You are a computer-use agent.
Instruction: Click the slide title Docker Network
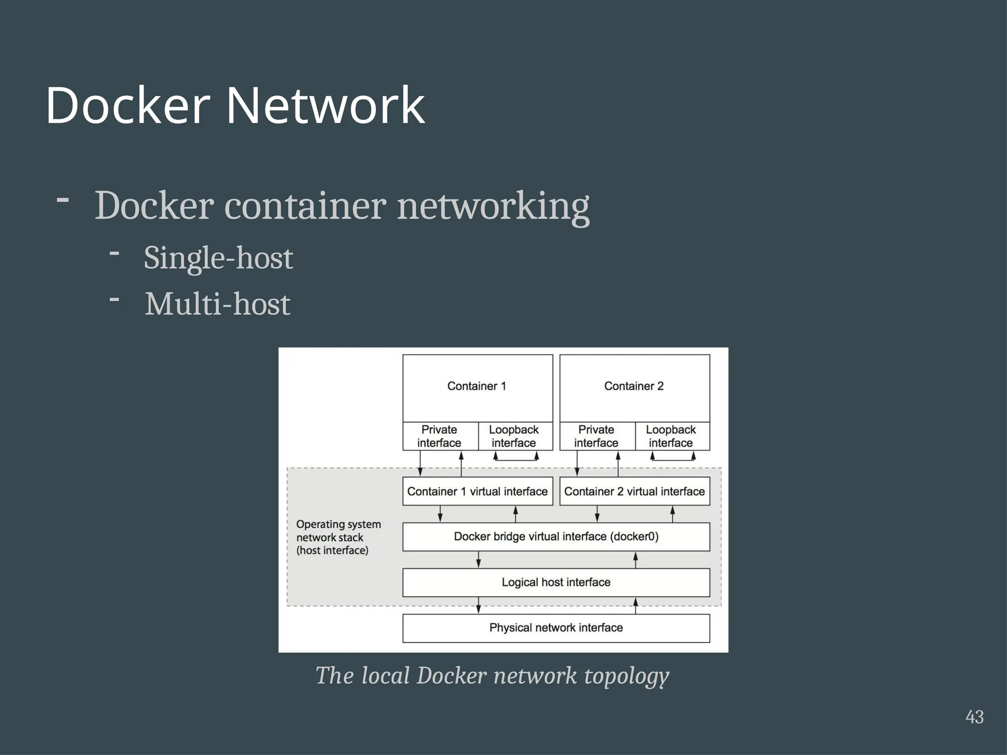pos(235,106)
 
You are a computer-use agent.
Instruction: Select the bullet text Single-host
pos(218,258)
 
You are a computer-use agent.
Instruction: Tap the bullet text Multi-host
pos(217,304)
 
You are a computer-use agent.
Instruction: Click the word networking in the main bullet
pos(493,206)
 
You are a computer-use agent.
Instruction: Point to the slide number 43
pos(974,717)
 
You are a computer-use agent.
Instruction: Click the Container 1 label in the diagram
pos(476,386)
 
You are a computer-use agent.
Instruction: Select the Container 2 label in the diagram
pos(634,386)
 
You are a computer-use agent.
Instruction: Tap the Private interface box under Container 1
pos(440,436)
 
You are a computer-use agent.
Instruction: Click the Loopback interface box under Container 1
pos(514,436)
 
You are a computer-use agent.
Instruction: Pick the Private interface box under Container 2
pos(596,436)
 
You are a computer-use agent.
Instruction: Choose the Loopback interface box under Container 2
pos(671,436)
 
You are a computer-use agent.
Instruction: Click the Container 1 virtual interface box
pos(477,492)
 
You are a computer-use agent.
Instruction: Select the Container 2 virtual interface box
pos(634,492)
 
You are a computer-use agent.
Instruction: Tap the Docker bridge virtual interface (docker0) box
pos(556,537)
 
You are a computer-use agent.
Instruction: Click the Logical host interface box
pos(556,582)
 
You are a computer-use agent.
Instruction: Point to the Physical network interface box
pos(556,628)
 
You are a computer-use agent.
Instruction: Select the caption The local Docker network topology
pos(492,676)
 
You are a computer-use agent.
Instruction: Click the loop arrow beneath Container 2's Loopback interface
pos(673,460)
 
